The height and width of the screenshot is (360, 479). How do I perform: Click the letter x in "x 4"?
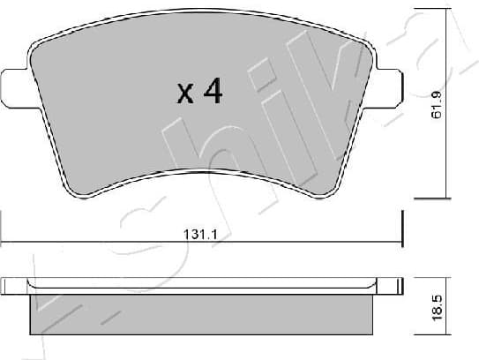tap(185, 94)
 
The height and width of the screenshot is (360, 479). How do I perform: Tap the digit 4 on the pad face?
tap(212, 91)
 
